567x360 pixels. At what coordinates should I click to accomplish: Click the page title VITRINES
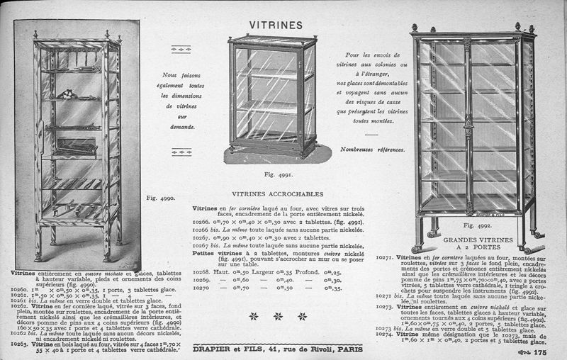point(276,25)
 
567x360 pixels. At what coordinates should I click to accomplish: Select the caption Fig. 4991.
point(274,173)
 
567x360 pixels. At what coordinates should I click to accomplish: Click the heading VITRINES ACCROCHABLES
point(278,193)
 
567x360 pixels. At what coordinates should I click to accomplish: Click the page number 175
point(539,352)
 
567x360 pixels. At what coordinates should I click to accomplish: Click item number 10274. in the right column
point(385,333)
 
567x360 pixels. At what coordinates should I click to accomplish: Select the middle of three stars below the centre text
point(278,316)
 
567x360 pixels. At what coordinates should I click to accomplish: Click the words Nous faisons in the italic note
point(182,74)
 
